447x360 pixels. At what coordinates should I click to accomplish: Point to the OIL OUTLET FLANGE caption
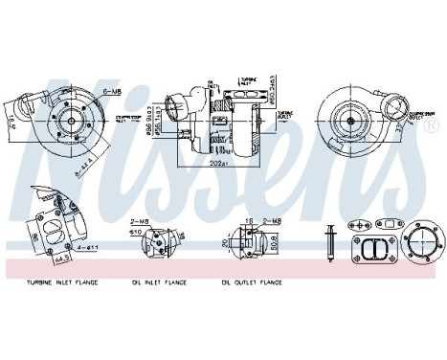tap(252, 282)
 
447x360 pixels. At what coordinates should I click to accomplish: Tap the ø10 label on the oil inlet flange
tap(137, 232)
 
